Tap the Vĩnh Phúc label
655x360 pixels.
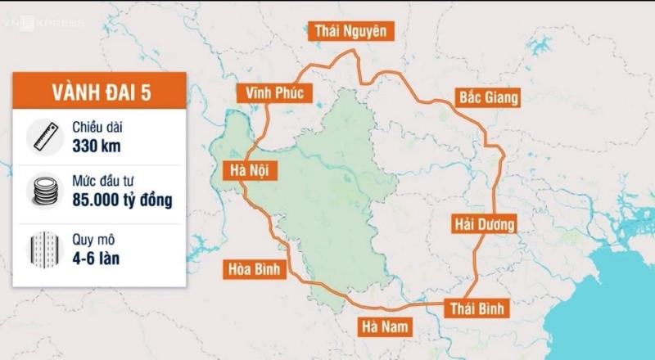(273, 93)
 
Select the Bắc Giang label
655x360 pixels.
(488, 98)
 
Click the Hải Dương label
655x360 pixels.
(484, 223)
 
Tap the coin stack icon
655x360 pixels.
(43, 190)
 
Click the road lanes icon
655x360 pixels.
(43, 246)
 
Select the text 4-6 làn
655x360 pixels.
(97, 256)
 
